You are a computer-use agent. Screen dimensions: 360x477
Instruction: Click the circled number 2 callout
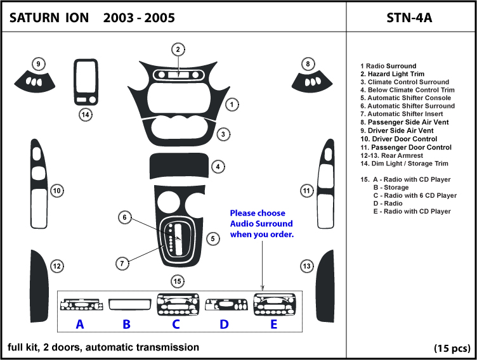coord(178,49)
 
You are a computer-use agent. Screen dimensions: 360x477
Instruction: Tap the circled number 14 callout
coord(85,115)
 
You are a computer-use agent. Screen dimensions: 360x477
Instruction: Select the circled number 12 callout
coord(57,267)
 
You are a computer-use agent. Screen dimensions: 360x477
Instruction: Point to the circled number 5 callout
coord(214,238)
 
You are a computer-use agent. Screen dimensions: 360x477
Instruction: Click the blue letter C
coord(176,325)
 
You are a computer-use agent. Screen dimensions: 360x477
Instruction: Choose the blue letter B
coord(126,325)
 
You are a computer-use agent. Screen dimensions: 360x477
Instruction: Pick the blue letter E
coord(273,325)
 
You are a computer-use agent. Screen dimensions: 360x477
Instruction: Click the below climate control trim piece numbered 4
coord(177,167)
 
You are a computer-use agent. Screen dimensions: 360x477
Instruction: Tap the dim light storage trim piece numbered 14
coord(85,82)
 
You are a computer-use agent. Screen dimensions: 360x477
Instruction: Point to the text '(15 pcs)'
coord(452,348)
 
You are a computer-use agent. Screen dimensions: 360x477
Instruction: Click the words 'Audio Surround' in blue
coord(261,224)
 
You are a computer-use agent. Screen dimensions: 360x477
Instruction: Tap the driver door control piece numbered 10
coord(40,184)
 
